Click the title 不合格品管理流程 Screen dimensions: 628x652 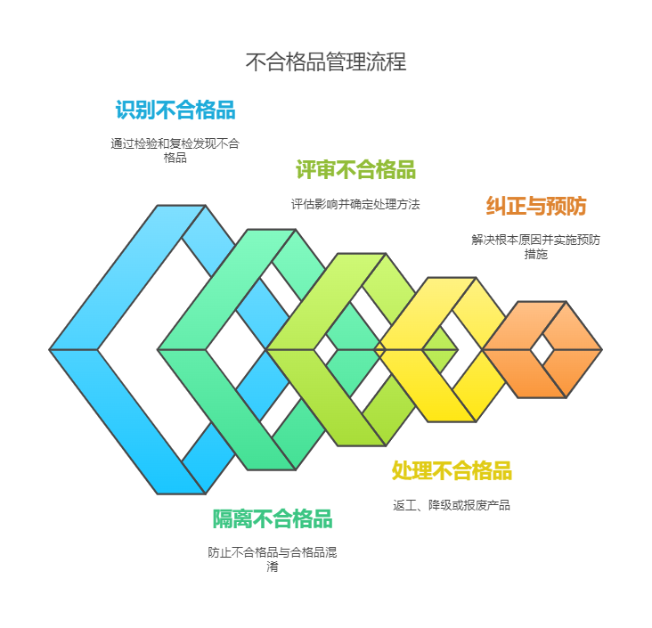[x=326, y=61]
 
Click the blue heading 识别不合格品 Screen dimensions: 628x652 [x=175, y=110]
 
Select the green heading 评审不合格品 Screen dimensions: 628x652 [x=355, y=169]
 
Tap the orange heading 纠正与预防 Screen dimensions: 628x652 [x=535, y=206]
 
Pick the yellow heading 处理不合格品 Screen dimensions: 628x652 [x=452, y=470]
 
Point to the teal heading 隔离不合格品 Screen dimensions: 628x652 [x=273, y=518]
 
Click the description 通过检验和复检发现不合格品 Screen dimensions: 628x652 [x=175, y=151]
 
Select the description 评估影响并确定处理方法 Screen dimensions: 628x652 [x=355, y=204]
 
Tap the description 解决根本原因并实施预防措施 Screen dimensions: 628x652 [x=535, y=247]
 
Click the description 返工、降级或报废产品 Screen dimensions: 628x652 [x=452, y=505]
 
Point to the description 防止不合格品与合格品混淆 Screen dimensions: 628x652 [x=273, y=559]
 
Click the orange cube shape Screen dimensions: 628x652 [x=542, y=349]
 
